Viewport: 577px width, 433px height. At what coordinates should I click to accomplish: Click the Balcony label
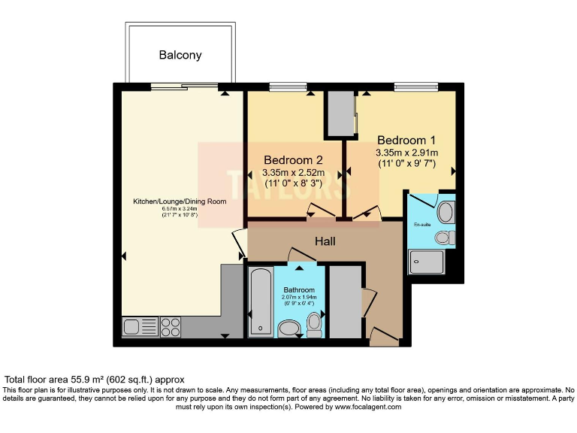tap(180, 55)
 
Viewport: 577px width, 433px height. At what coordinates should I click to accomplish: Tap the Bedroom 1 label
tap(406, 140)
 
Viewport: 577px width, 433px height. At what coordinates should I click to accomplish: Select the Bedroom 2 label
tap(293, 160)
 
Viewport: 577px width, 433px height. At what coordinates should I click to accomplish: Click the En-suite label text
tap(422, 225)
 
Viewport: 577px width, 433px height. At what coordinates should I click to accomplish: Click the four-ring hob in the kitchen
tap(171, 327)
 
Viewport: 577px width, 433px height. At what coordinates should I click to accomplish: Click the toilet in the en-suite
tap(444, 238)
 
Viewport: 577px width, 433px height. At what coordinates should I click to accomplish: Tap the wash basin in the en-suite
tap(446, 211)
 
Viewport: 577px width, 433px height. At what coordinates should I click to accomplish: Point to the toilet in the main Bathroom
tap(314, 324)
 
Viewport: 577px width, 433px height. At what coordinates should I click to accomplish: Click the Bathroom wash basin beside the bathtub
tap(288, 329)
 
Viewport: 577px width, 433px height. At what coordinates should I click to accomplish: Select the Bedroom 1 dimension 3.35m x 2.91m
tap(406, 153)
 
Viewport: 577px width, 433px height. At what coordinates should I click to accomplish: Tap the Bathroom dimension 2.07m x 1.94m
tap(300, 298)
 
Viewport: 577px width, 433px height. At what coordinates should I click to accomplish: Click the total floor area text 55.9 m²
tap(94, 380)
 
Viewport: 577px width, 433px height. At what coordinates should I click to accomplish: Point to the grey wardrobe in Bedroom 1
tap(340, 114)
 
